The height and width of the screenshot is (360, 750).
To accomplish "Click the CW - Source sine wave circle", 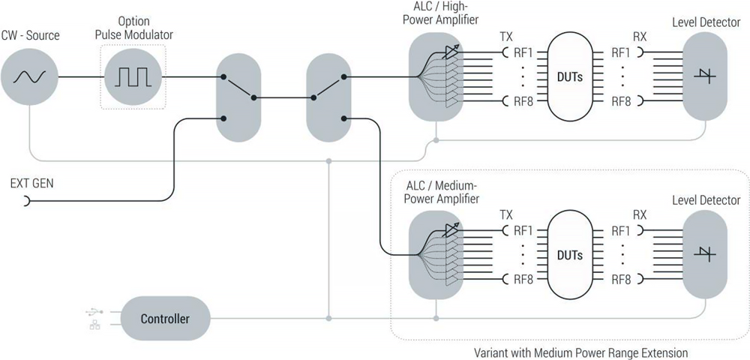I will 28,76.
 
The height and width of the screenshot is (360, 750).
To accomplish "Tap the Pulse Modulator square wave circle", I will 132,76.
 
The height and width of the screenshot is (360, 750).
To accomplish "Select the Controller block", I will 165,319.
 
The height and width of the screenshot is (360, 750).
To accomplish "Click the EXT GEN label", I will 31,182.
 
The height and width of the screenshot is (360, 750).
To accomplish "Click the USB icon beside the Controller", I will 94,311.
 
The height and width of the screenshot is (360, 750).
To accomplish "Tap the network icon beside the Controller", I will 94,325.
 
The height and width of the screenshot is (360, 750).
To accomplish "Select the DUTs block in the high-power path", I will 570,76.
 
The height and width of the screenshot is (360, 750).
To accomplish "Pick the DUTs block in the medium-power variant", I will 570,255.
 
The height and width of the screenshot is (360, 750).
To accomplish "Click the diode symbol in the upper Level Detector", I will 705,76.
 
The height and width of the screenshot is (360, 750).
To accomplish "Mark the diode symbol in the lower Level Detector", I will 705,255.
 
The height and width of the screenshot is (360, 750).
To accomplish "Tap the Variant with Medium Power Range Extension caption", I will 580,352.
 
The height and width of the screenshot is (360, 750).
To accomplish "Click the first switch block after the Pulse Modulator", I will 238,97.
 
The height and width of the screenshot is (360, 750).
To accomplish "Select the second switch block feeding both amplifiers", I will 328,97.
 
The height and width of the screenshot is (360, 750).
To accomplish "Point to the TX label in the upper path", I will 507,36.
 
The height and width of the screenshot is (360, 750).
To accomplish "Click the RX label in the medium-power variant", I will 640,214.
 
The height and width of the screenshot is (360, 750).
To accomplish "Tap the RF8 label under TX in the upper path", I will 524,101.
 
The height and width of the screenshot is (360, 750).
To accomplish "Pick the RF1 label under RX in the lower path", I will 621,230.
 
